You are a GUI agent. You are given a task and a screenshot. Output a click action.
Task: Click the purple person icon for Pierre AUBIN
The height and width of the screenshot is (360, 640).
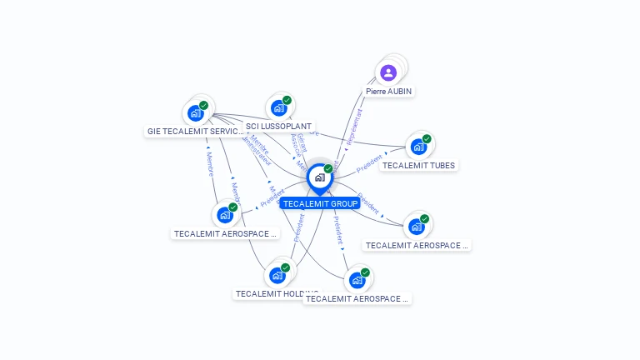388,73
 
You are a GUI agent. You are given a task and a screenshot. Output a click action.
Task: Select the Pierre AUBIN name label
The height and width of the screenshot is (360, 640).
388,91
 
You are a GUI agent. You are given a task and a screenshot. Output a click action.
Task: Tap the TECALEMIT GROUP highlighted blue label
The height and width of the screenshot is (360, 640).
320,203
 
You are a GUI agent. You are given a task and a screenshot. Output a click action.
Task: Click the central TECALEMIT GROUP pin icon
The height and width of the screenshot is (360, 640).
319,177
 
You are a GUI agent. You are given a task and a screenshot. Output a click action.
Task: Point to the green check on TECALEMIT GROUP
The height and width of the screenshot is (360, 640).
328,169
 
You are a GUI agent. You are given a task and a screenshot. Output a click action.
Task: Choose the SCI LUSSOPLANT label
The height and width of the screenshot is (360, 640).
279,127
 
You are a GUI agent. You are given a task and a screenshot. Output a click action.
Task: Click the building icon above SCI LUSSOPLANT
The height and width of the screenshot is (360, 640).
278,108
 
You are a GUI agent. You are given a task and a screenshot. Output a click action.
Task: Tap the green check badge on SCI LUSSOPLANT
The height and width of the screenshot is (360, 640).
287,100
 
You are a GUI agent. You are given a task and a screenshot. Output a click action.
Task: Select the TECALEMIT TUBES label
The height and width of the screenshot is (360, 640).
418,165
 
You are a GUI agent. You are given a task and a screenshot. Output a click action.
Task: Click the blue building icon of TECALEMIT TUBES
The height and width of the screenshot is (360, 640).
418,147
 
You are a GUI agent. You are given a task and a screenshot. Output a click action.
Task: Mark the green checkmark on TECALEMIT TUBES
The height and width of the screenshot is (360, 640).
427,139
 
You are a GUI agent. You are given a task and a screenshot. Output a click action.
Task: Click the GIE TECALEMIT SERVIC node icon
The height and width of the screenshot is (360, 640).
195,112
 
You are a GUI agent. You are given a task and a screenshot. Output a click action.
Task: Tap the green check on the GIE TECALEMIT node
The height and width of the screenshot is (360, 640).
203,105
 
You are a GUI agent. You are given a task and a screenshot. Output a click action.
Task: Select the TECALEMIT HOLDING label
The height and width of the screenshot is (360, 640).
275,293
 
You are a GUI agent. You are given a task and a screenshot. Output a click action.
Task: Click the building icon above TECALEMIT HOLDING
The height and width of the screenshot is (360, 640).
277,275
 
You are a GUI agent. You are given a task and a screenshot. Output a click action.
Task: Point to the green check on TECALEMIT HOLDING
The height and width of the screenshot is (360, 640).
285,267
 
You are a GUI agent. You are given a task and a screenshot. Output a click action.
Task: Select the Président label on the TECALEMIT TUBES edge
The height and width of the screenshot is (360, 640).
369,162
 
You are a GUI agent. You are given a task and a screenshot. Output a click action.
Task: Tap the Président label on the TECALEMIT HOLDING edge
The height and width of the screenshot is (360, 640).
298,228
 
